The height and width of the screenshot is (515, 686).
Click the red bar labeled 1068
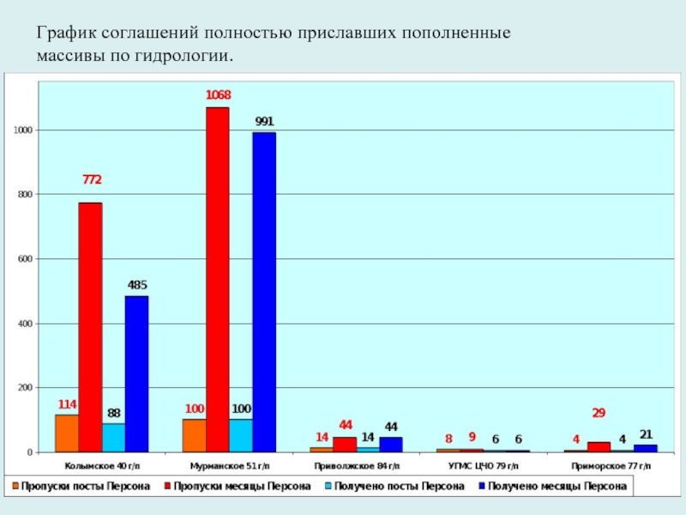pos(217,279)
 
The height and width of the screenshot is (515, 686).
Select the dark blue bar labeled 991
pos(264,292)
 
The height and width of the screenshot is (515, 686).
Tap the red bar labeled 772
pos(90,326)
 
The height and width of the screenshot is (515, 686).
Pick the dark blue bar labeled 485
pos(136,373)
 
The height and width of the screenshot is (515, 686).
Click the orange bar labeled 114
pos(67,433)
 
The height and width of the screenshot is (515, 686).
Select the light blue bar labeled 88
pos(113,438)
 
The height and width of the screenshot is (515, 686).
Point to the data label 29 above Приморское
pos(599,413)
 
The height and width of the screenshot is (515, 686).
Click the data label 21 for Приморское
pos(646,434)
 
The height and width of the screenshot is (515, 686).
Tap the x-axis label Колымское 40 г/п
pos(102,465)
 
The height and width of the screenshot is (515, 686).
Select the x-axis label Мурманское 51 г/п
pos(229,465)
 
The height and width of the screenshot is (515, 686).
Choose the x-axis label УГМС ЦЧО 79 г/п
pos(483,465)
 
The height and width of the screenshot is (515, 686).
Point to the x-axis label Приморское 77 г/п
pos(610,465)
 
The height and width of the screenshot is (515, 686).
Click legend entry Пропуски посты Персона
pos(81,486)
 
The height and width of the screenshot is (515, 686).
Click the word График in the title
pos(65,34)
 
